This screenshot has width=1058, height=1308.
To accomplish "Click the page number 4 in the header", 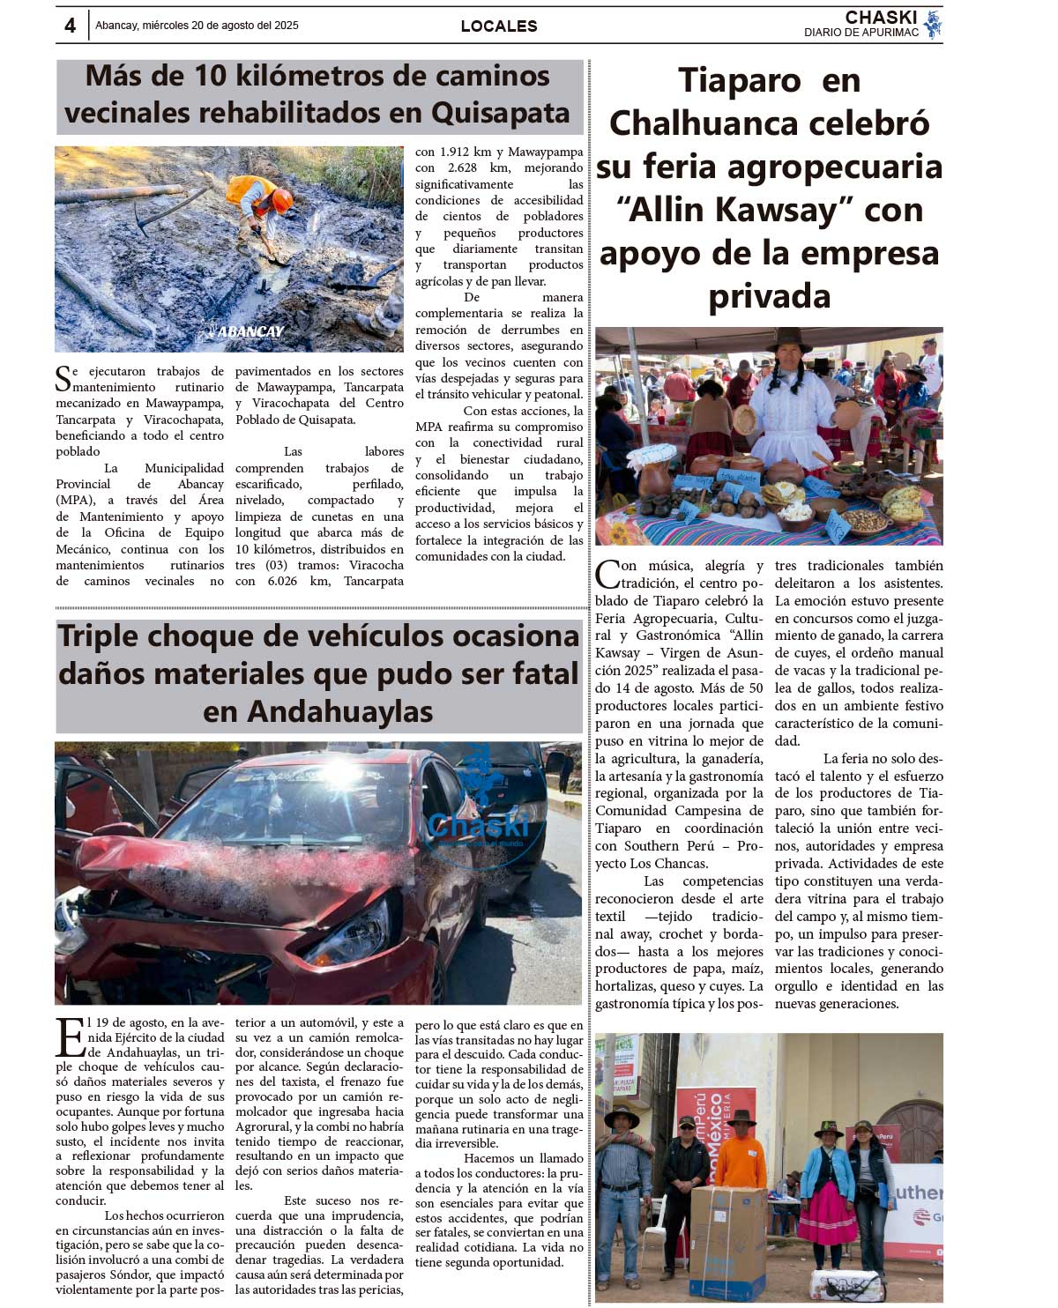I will [71, 26].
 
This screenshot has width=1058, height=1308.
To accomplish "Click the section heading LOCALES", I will [499, 26].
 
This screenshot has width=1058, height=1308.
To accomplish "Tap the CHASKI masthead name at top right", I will [881, 18].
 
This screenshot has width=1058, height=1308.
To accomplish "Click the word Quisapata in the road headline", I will [500, 113].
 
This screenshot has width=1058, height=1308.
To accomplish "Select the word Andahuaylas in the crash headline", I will [318, 710].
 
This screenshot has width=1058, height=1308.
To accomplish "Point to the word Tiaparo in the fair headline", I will [739, 80].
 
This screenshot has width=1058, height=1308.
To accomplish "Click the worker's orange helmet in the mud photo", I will [282, 199].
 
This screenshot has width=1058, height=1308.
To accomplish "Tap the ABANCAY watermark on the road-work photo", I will [247, 332].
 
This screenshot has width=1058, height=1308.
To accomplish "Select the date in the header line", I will [197, 26].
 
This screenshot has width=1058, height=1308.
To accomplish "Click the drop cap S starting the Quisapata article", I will [63, 379].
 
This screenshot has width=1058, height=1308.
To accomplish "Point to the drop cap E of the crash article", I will [70, 1037].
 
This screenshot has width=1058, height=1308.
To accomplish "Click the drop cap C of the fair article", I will [607, 575].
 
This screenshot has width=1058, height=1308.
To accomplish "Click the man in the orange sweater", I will [741, 1155].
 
